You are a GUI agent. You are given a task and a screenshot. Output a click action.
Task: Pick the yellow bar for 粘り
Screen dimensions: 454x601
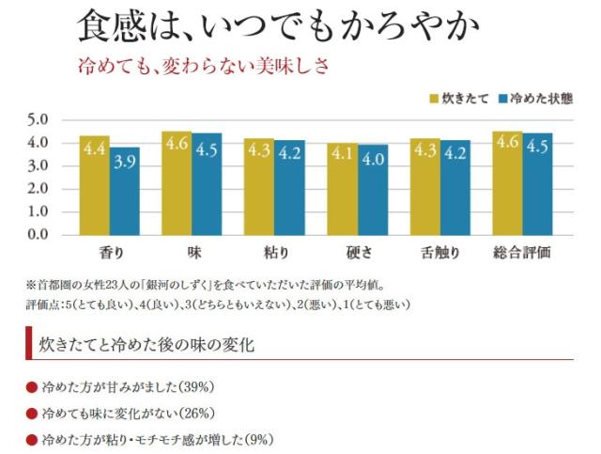[258, 187]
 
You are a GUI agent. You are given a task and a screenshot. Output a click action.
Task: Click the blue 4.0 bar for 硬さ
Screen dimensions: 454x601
[374, 190]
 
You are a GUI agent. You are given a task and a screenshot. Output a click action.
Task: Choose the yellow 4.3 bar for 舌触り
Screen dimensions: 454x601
[424, 187]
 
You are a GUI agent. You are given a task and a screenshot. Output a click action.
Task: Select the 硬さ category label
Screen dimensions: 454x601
[357, 254]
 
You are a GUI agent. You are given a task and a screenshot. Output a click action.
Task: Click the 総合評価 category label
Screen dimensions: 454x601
[521, 254]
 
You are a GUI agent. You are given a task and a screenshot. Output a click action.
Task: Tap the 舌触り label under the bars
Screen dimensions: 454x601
[439, 254]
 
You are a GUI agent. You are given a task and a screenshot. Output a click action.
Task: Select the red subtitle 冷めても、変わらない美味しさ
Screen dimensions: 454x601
[203, 67]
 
